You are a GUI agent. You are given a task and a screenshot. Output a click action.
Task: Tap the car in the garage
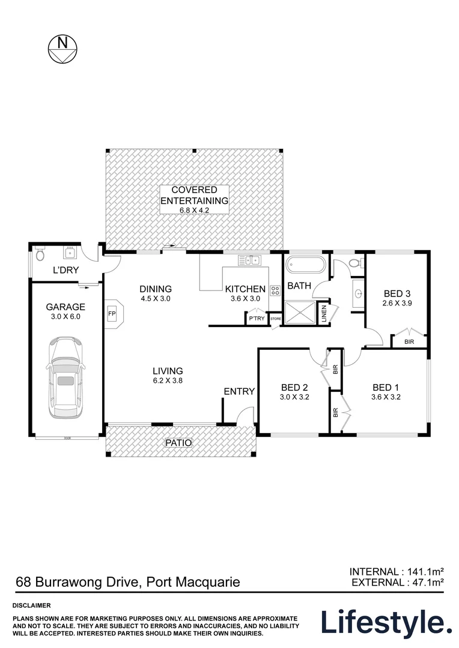click(x=64, y=379)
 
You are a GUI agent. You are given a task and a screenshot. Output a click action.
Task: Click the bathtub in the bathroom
click(x=305, y=264)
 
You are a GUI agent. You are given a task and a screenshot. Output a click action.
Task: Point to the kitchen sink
click(x=249, y=260)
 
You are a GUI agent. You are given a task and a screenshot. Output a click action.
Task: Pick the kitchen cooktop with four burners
click(x=275, y=290)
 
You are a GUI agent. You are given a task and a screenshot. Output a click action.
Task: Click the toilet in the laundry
click(x=40, y=254)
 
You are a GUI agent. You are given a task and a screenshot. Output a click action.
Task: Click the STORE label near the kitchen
click(x=276, y=319)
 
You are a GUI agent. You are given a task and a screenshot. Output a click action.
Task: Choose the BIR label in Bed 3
click(x=409, y=341)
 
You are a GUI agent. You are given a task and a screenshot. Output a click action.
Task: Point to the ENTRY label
click(x=239, y=391)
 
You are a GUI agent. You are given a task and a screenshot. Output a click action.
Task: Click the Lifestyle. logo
click(x=386, y=622)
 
